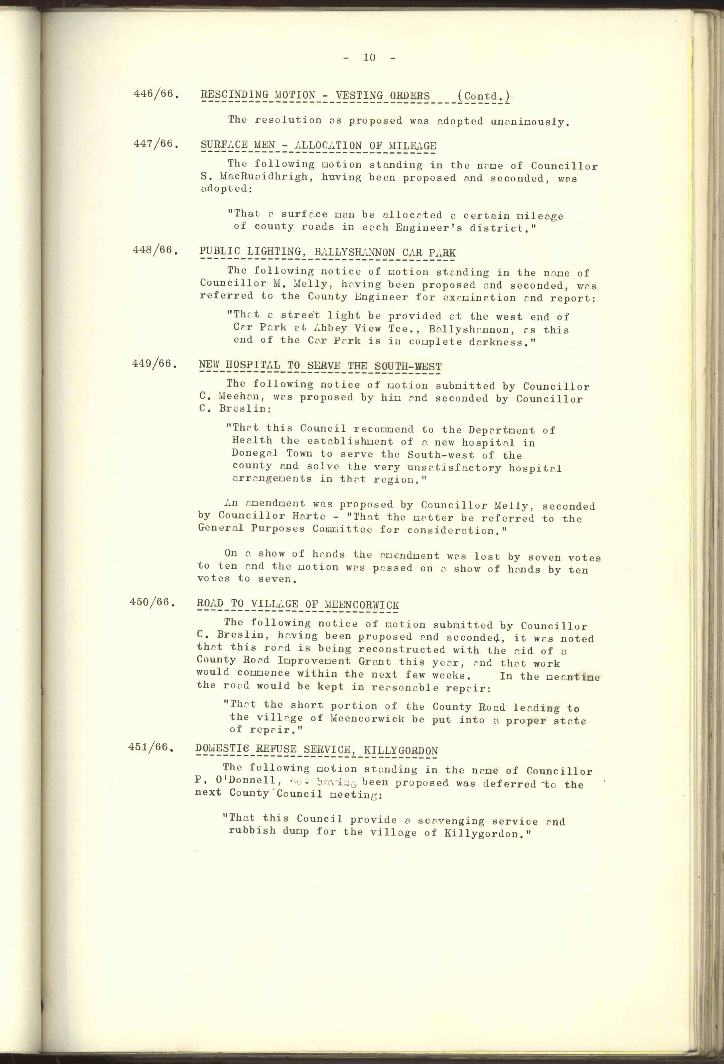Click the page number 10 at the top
coord(369,57)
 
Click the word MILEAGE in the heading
coord(412,146)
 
